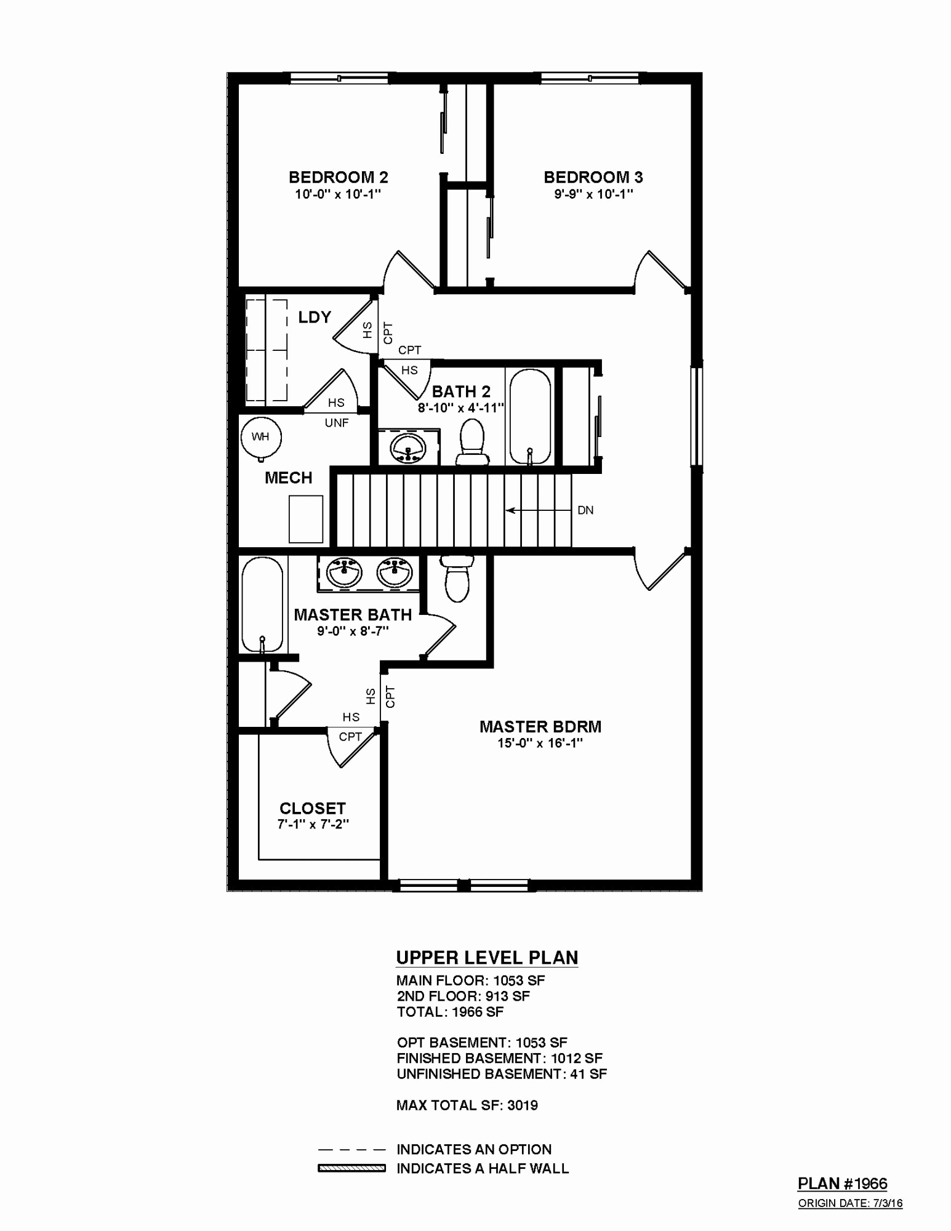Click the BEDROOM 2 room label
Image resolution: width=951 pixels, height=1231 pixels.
[339, 178]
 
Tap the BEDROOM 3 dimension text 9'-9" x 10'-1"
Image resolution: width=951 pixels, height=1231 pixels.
[593, 194]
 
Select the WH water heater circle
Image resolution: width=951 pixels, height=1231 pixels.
[260, 437]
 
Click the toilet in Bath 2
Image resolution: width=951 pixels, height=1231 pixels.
[472, 442]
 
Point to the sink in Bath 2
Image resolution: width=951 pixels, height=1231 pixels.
[408, 448]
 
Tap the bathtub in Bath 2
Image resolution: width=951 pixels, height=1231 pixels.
[529, 417]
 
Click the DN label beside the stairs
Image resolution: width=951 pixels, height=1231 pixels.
[585, 510]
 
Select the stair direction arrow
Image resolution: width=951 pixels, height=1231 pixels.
[538, 510]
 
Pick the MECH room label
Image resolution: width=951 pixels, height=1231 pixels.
[288, 478]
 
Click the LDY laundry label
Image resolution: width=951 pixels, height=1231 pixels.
[315, 317]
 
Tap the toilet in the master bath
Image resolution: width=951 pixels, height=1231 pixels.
[457, 578]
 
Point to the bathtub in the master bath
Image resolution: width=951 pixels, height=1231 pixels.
[262, 604]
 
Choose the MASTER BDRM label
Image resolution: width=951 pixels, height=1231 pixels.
[540, 727]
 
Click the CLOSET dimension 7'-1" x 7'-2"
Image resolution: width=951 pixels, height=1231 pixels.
[313, 825]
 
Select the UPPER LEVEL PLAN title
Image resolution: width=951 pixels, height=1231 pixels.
[487, 958]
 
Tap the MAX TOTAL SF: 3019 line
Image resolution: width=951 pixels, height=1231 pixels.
[467, 1105]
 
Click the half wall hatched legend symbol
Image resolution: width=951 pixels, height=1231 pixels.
[351, 1168]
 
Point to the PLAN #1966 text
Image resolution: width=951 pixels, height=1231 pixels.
[843, 1184]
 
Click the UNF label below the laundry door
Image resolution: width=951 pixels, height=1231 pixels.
[337, 423]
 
